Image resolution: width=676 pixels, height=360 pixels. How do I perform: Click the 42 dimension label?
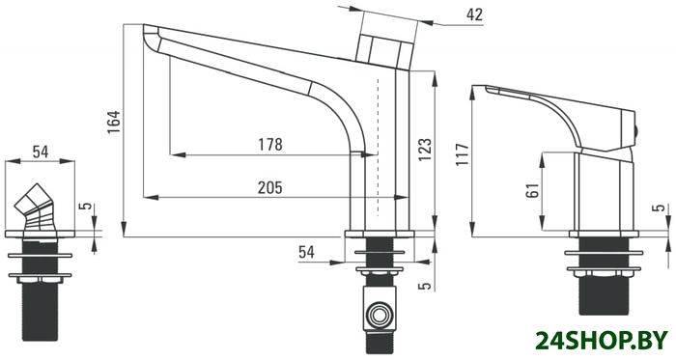pyautogui.click(x=474, y=14)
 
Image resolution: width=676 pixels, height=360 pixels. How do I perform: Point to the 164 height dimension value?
pyautogui.click(x=114, y=122)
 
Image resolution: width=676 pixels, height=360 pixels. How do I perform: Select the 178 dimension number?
pyautogui.click(x=270, y=145)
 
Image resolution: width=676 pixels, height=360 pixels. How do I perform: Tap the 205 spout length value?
pyautogui.click(x=269, y=188)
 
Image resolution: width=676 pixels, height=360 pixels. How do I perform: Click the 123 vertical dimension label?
pyautogui.click(x=424, y=150)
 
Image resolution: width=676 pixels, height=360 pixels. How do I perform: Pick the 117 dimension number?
pyautogui.click(x=463, y=154)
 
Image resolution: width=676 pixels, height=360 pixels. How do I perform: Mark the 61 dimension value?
pyautogui.click(x=533, y=190)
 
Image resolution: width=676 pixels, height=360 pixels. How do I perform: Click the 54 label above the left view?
pyautogui.click(x=41, y=152)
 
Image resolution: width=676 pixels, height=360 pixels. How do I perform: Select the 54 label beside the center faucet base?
pyautogui.click(x=306, y=252)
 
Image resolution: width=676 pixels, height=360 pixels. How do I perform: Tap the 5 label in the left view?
pyautogui.click(x=87, y=206)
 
